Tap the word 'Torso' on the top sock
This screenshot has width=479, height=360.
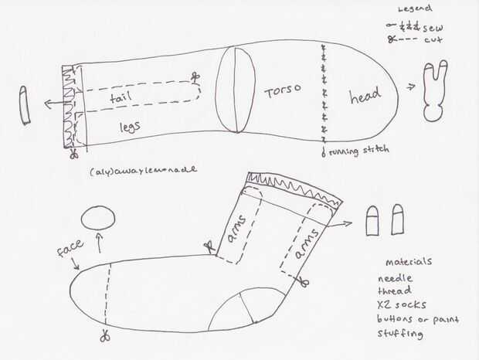(281, 92)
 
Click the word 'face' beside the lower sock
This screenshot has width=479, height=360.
(70, 251)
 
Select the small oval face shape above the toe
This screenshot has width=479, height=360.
(97, 218)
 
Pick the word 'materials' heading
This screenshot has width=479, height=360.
(409, 262)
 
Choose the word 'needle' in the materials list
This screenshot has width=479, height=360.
(395, 278)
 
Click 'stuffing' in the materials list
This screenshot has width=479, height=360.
(400, 335)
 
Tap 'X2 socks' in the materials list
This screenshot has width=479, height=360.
(402, 305)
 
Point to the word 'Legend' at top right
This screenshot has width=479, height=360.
(415, 8)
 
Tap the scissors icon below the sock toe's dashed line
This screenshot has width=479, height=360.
(104, 336)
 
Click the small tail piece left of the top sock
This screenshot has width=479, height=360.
(25, 105)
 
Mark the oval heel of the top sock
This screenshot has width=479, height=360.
(236, 91)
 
